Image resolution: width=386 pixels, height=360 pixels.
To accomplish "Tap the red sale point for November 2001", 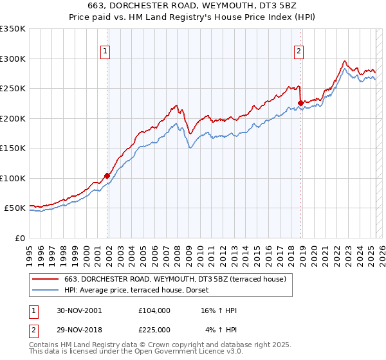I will (107, 175).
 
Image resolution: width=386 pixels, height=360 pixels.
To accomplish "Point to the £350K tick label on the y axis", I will (13, 29).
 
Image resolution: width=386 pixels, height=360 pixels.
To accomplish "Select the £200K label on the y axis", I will (13, 118).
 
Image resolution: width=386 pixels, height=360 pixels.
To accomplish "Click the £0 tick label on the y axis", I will (20, 238).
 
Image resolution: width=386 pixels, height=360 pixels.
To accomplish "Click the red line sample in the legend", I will (46, 278).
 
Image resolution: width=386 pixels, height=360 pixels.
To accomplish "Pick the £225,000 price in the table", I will (154, 330).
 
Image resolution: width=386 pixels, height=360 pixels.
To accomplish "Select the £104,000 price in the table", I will (154, 310).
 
